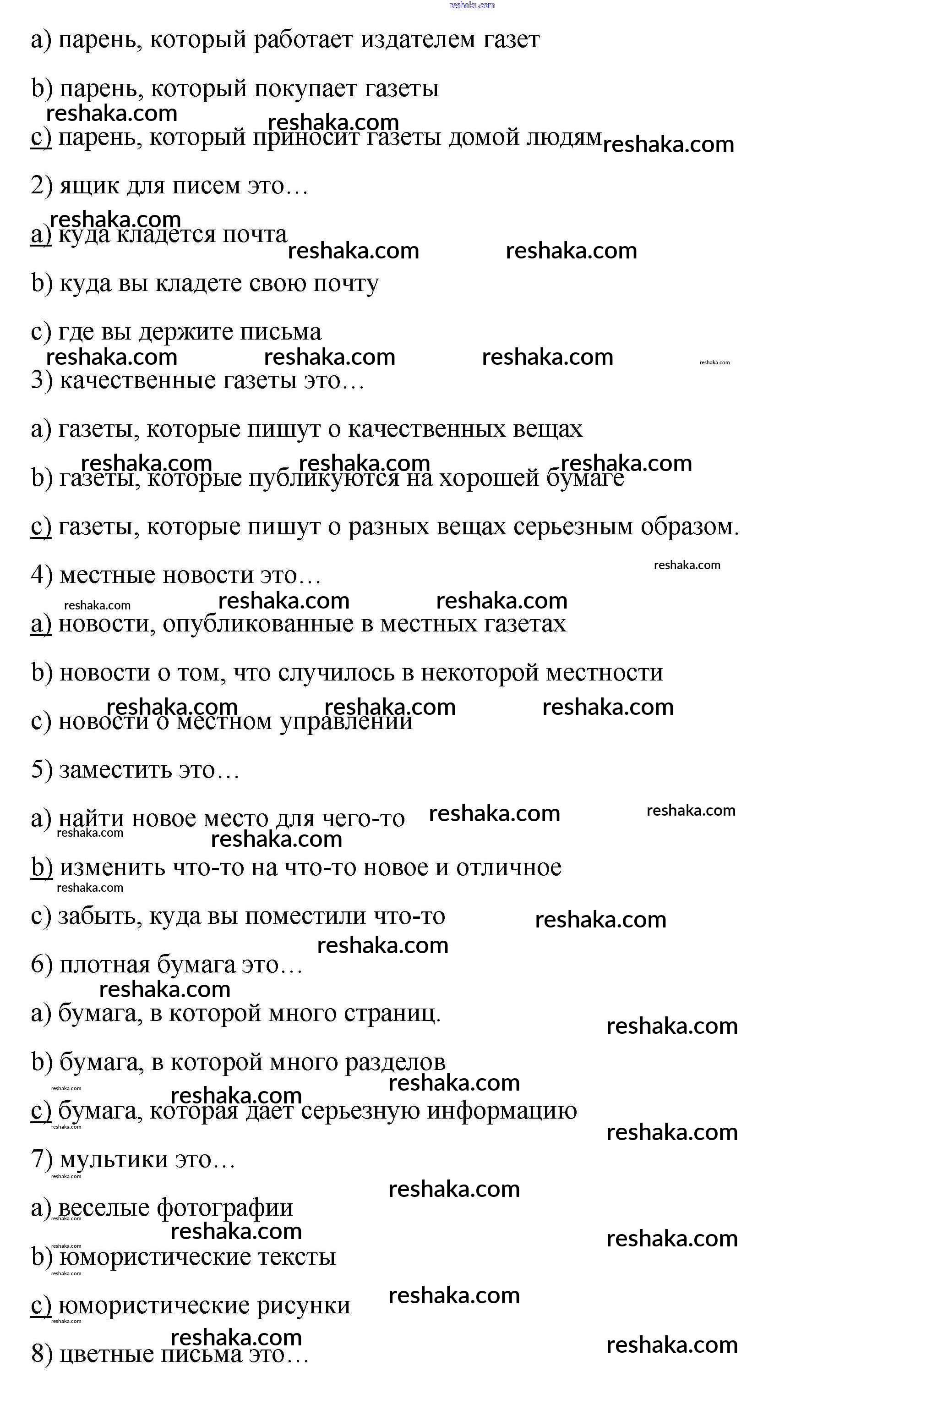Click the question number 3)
[x=42, y=380]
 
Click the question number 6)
[x=42, y=965]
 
